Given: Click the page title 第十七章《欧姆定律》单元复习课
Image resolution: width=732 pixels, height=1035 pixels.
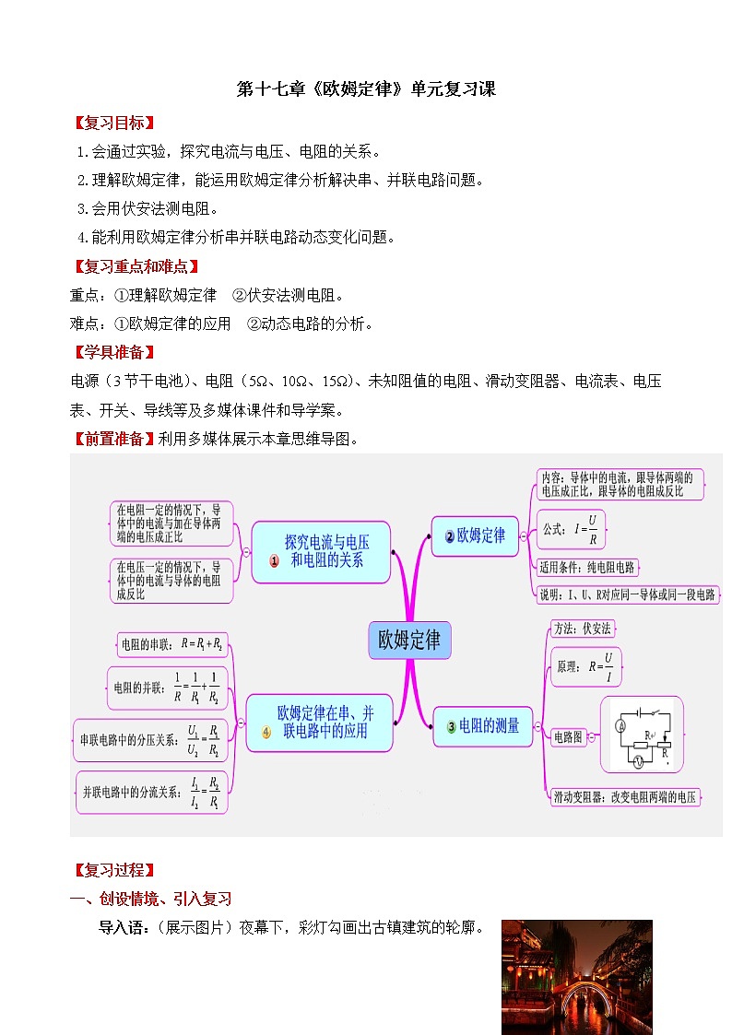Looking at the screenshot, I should (366, 89).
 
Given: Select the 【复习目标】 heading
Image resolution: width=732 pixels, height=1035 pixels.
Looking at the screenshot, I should (113, 123).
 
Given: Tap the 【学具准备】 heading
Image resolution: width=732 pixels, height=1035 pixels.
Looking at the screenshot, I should (113, 352).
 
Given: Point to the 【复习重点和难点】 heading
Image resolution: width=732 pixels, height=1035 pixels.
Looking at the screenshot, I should (136, 267).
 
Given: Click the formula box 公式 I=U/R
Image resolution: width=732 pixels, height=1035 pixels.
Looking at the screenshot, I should (575, 529).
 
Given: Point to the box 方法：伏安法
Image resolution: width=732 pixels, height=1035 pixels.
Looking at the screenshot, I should (582, 629).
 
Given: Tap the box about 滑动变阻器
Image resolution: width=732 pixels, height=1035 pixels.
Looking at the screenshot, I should (624, 797).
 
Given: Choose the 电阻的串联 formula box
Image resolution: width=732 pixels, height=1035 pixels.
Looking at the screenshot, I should (172, 645).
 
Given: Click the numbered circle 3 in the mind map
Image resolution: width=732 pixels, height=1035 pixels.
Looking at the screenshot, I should (451, 727).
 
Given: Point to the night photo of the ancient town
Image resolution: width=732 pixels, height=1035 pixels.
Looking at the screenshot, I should (576, 976).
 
